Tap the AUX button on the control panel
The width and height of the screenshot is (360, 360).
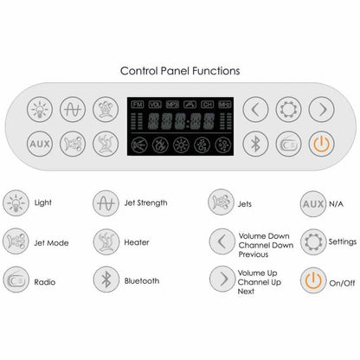(x=39, y=142)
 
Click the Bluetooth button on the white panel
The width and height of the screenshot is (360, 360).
(x=255, y=142)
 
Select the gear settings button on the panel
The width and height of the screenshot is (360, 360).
(x=288, y=109)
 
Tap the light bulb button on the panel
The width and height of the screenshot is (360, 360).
(x=39, y=109)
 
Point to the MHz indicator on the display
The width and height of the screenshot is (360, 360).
(x=225, y=104)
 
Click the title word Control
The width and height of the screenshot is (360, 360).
(x=140, y=71)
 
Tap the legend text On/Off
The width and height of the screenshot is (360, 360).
(x=343, y=281)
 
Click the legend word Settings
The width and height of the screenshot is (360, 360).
(x=343, y=242)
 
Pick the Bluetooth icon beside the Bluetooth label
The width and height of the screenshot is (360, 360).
(x=106, y=280)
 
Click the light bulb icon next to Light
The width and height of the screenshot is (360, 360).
(x=16, y=203)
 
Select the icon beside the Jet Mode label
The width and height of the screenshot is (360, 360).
(x=16, y=241)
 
